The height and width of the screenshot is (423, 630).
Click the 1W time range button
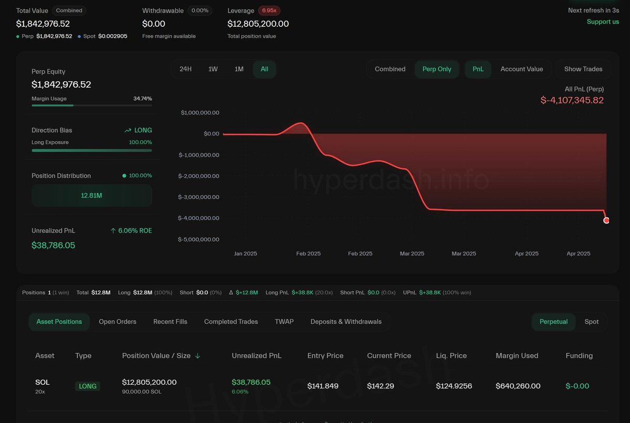213,69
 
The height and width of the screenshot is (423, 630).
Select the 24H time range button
185,69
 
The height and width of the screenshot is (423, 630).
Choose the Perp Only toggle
437,69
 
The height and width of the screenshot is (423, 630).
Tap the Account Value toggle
521,69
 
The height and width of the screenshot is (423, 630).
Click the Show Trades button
583,69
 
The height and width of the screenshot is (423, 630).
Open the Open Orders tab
118,322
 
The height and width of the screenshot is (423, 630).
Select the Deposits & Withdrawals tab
346,322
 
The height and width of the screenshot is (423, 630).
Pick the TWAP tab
284,322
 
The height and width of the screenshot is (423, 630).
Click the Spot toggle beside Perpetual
592,322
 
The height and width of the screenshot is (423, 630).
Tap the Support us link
603,22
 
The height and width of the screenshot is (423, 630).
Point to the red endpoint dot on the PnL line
606,220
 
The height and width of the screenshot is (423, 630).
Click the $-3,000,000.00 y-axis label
199,197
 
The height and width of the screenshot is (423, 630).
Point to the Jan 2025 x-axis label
245,253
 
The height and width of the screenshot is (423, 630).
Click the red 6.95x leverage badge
269,10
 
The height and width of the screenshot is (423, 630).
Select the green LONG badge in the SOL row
88,386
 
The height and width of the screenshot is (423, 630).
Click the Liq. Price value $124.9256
454,386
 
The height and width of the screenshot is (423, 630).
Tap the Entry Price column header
325,356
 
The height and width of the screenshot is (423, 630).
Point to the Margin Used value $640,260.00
518,386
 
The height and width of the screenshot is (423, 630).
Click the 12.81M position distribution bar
91,195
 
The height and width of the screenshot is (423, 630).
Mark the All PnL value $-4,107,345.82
572,100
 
